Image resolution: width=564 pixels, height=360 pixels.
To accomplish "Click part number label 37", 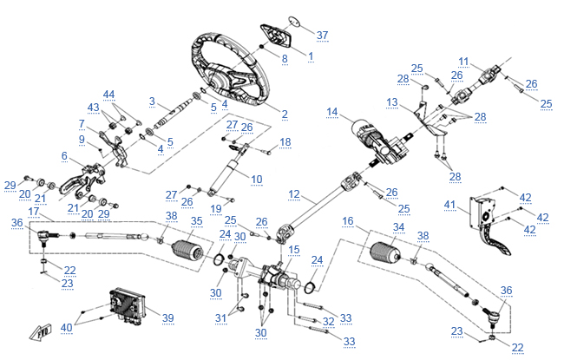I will coord(322,36).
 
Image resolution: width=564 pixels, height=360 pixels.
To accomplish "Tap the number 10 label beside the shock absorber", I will coord(256,179).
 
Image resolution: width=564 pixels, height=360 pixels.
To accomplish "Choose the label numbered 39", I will coord(168,317).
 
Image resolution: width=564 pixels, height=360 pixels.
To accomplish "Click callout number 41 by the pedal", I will coord(449,205).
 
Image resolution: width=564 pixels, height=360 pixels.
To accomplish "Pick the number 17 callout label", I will coord(34,212).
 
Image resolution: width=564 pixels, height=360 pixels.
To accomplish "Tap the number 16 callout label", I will coord(347,223).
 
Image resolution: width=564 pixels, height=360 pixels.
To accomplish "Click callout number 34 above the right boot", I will coord(398,227).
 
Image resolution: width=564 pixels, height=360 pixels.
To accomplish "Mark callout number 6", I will coord(63,155).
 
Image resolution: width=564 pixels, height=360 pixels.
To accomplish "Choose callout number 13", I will coord(392,102).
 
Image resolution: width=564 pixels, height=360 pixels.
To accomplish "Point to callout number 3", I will coord(152,101).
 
